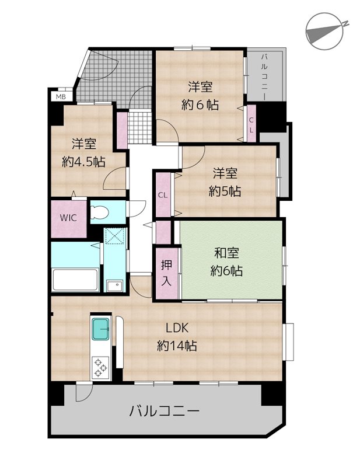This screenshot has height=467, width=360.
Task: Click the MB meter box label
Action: (61, 97)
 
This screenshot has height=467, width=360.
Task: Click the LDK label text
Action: (177, 327)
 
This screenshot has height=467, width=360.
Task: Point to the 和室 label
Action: (226, 253)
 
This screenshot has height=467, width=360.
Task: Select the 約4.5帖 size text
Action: (83, 162)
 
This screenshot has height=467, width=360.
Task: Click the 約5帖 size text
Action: (225, 191)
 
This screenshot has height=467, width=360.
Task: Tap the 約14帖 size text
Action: (177, 346)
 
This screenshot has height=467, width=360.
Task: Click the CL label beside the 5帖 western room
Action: (163, 196)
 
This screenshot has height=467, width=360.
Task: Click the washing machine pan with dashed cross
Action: (114, 238)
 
